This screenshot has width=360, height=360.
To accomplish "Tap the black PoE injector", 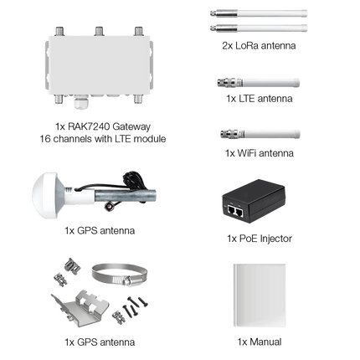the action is [x=254, y=201].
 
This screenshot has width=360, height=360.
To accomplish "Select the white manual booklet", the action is [x=260, y=295].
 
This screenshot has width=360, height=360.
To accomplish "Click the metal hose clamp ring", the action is [x=120, y=275].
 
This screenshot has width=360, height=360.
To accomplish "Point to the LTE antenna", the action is [x=259, y=83].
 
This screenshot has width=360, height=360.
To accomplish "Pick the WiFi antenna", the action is [x=260, y=134].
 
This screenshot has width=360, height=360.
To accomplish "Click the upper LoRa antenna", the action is [x=259, y=13].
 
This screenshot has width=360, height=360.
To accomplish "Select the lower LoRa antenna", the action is [x=259, y=28].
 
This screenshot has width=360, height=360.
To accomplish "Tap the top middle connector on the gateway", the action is [x=99, y=31].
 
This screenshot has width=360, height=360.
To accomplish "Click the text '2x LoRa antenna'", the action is [x=259, y=45].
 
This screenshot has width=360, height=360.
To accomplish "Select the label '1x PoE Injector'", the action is [x=260, y=239].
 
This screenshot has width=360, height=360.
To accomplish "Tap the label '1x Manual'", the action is [x=260, y=342].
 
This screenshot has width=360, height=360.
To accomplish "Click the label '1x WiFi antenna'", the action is [x=260, y=153].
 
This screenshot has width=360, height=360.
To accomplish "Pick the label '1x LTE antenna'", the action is [x=260, y=99].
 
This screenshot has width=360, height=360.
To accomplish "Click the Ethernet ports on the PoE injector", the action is [x=236, y=211].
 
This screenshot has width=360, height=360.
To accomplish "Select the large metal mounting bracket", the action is [x=81, y=308].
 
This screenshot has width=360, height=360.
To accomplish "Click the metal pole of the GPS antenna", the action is [x=125, y=196].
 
